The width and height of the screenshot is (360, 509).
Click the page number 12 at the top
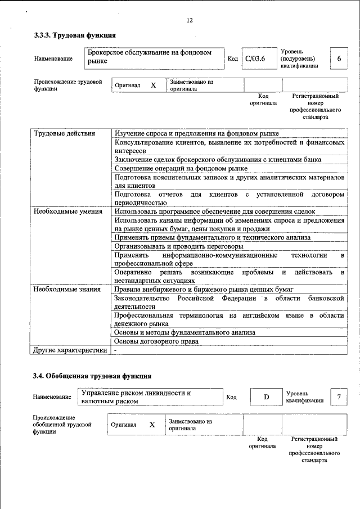point(189,21)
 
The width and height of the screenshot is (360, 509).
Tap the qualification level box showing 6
point(339,58)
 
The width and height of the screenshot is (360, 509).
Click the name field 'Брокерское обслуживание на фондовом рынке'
point(152,56)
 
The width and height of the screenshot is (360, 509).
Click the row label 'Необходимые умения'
point(68,211)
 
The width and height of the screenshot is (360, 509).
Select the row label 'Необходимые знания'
point(67,289)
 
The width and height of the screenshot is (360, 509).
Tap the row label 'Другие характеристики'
point(70,350)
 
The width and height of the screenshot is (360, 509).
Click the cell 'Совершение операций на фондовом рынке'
point(181,168)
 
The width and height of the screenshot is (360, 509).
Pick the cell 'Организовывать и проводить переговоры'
point(179,246)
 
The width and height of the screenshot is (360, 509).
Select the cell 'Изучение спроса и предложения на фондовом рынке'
point(196,133)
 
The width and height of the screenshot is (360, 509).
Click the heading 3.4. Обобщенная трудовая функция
point(92,376)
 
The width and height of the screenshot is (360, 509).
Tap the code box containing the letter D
point(266,398)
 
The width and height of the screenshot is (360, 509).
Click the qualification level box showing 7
point(339,398)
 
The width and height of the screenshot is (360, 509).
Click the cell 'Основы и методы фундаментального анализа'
point(184,332)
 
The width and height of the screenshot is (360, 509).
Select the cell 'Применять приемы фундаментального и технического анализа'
point(212,237)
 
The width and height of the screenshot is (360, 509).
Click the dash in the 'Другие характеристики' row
point(115,350)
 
